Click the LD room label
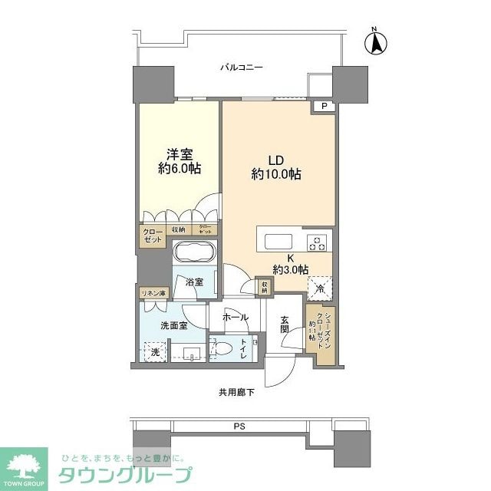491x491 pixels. pyautogui.click(x=275, y=160)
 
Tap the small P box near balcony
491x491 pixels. pyautogui.click(x=324, y=107)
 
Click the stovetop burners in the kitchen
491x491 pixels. pyautogui.click(x=317, y=242)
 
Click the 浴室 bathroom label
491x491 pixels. pyautogui.click(x=194, y=282)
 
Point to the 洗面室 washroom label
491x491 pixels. pyautogui.click(x=173, y=325)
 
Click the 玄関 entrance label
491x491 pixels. pyautogui.click(x=285, y=325)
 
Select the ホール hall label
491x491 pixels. pyautogui.click(x=236, y=316)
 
